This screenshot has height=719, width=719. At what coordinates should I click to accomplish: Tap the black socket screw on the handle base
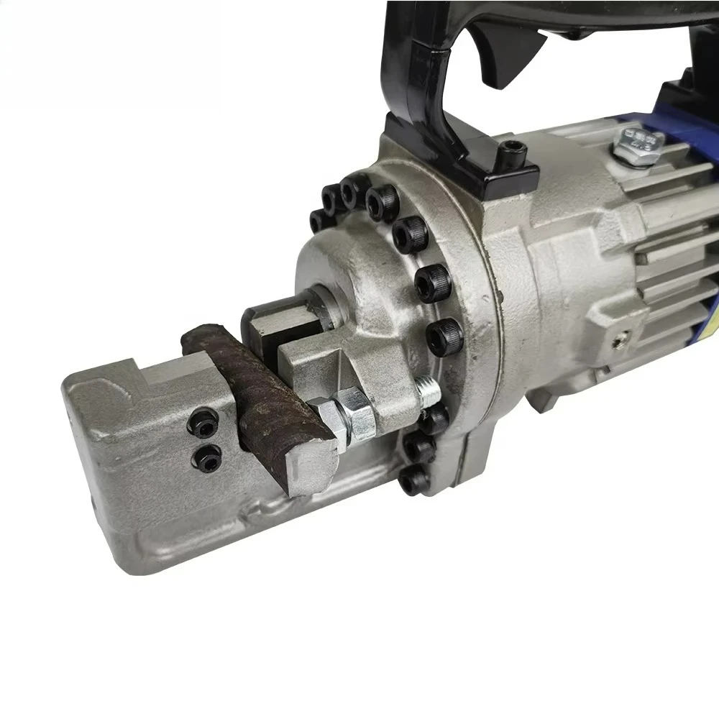tap(515, 152)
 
